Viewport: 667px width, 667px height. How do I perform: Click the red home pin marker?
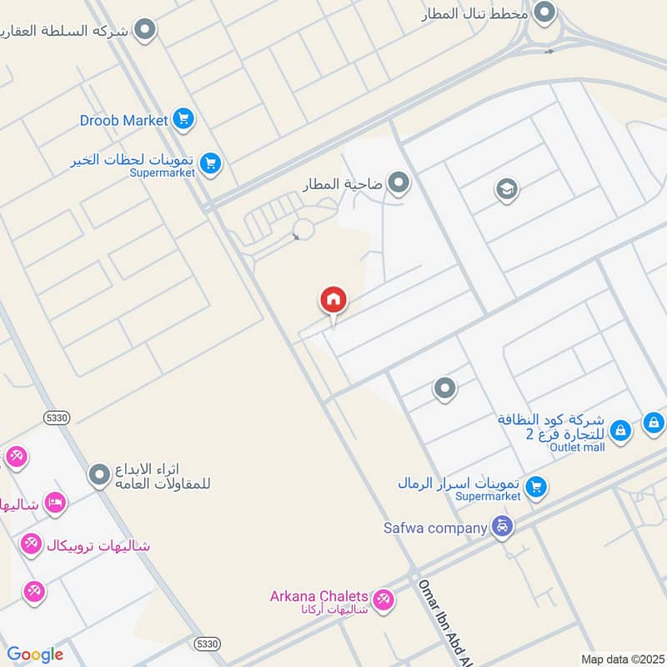pyautogui.click(x=333, y=300)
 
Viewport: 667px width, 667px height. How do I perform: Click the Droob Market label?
pyautogui.click(x=124, y=121)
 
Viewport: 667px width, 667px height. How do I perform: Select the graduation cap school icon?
pyautogui.click(x=506, y=189)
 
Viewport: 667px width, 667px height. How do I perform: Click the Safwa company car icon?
pyautogui.click(x=503, y=527)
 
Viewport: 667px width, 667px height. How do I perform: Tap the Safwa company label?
pyautogui.click(x=435, y=528)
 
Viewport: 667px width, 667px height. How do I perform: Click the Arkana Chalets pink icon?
pyautogui.click(x=383, y=599)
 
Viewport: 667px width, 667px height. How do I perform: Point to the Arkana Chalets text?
pyautogui.click(x=318, y=596)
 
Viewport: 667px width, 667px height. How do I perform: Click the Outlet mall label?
pyautogui.click(x=577, y=447)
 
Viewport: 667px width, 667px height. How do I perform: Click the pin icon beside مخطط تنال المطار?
pyautogui.click(x=544, y=13)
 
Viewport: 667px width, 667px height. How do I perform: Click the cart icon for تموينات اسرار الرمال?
pyautogui.click(x=536, y=485)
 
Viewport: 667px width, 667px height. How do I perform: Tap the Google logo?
pyautogui.click(x=35, y=654)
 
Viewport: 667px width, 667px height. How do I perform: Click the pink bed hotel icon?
pyautogui.click(x=55, y=503)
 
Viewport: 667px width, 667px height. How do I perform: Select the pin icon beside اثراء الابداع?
pyautogui.click(x=100, y=475)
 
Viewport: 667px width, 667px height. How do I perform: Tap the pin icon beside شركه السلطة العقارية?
pyautogui.click(x=146, y=31)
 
